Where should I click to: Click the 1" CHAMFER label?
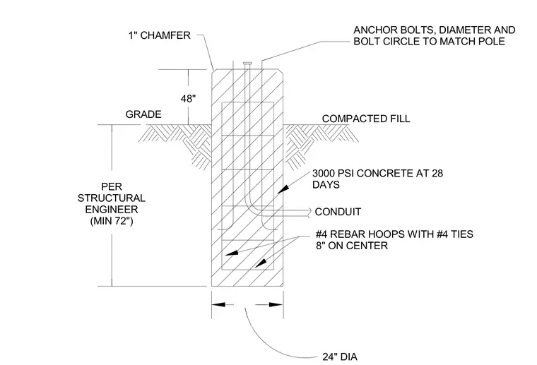pos(159,35)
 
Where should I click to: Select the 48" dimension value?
pos(188,99)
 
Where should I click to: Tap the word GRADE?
pos(143,114)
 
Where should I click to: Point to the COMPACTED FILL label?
pos(366,119)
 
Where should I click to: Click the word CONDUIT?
pos(338,212)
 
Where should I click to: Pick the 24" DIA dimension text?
pos(340,357)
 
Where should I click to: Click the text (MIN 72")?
pos(112,221)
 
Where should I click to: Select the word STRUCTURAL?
pos(112,198)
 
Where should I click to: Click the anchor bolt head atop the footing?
pos(248,64)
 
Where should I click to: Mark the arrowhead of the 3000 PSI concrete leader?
pos(283,189)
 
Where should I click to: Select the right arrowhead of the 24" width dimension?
pos(276,304)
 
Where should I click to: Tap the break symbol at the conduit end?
pos(309,212)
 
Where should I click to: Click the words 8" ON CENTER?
pos(352,246)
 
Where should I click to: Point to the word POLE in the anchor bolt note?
pos(492,42)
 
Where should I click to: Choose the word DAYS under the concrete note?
pos(326,185)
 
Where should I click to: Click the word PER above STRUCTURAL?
pos(112,187)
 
